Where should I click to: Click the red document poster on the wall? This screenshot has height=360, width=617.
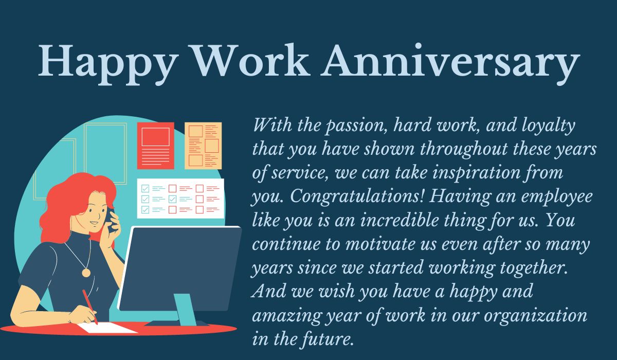pyautogui.click(x=155, y=145)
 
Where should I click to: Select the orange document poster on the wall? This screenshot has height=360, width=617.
pyautogui.click(x=203, y=146)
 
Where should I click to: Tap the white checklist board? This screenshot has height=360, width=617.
pyautogui.click(x=180, y=198)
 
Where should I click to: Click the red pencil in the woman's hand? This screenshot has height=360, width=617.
pyautogui.click(x=89, y=305)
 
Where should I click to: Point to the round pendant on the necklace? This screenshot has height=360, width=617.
pyautogui.click(x=86, y=273)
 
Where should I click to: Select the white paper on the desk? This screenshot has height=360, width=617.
pyautogui.click(x=108, y=327)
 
